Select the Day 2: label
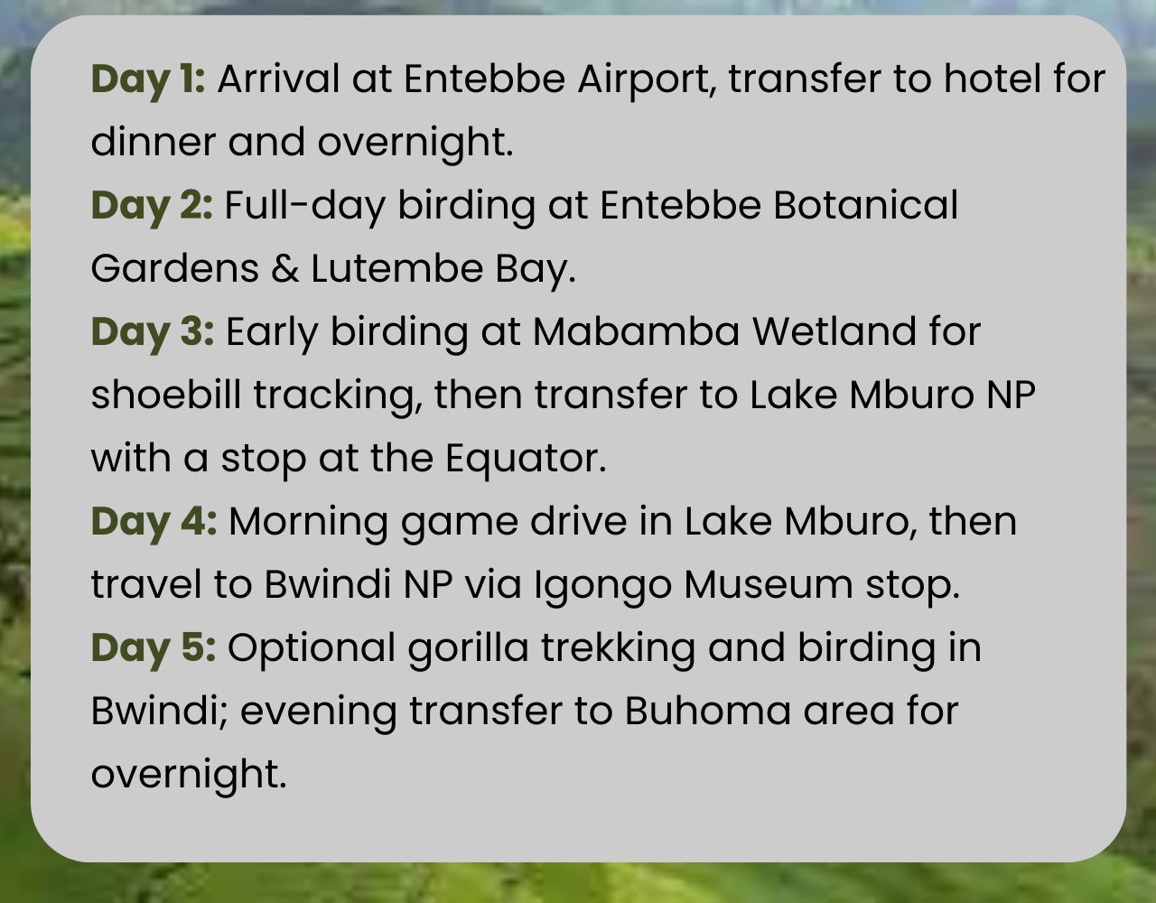pyautogui.click(x=152, y=207)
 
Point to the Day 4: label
pyautogui.click(x=154, y=523)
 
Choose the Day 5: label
pyautogui.click(x=154, y=649)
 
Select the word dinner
pyautogui.click(x=154, y=143)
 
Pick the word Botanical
pyautogui.click(x=865, y=206)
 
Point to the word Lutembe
pyautogui.click(x=397, y=269)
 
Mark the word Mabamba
pyautogui.click(x=636, y=332)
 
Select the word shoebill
pyautogui.click(x=166, y=396)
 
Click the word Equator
pyautogui.click(x=526, y=460)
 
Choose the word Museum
pyautogui.click(x=769, y=585)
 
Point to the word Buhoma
pyautogui.click(x=707, y=712)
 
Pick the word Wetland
pyautogui.click(x=834, y=332)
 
